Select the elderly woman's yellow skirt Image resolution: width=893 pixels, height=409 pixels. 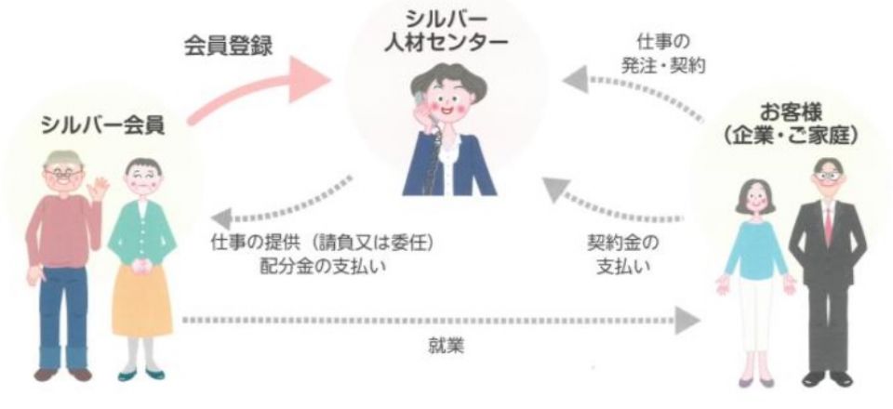pos(140,297)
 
